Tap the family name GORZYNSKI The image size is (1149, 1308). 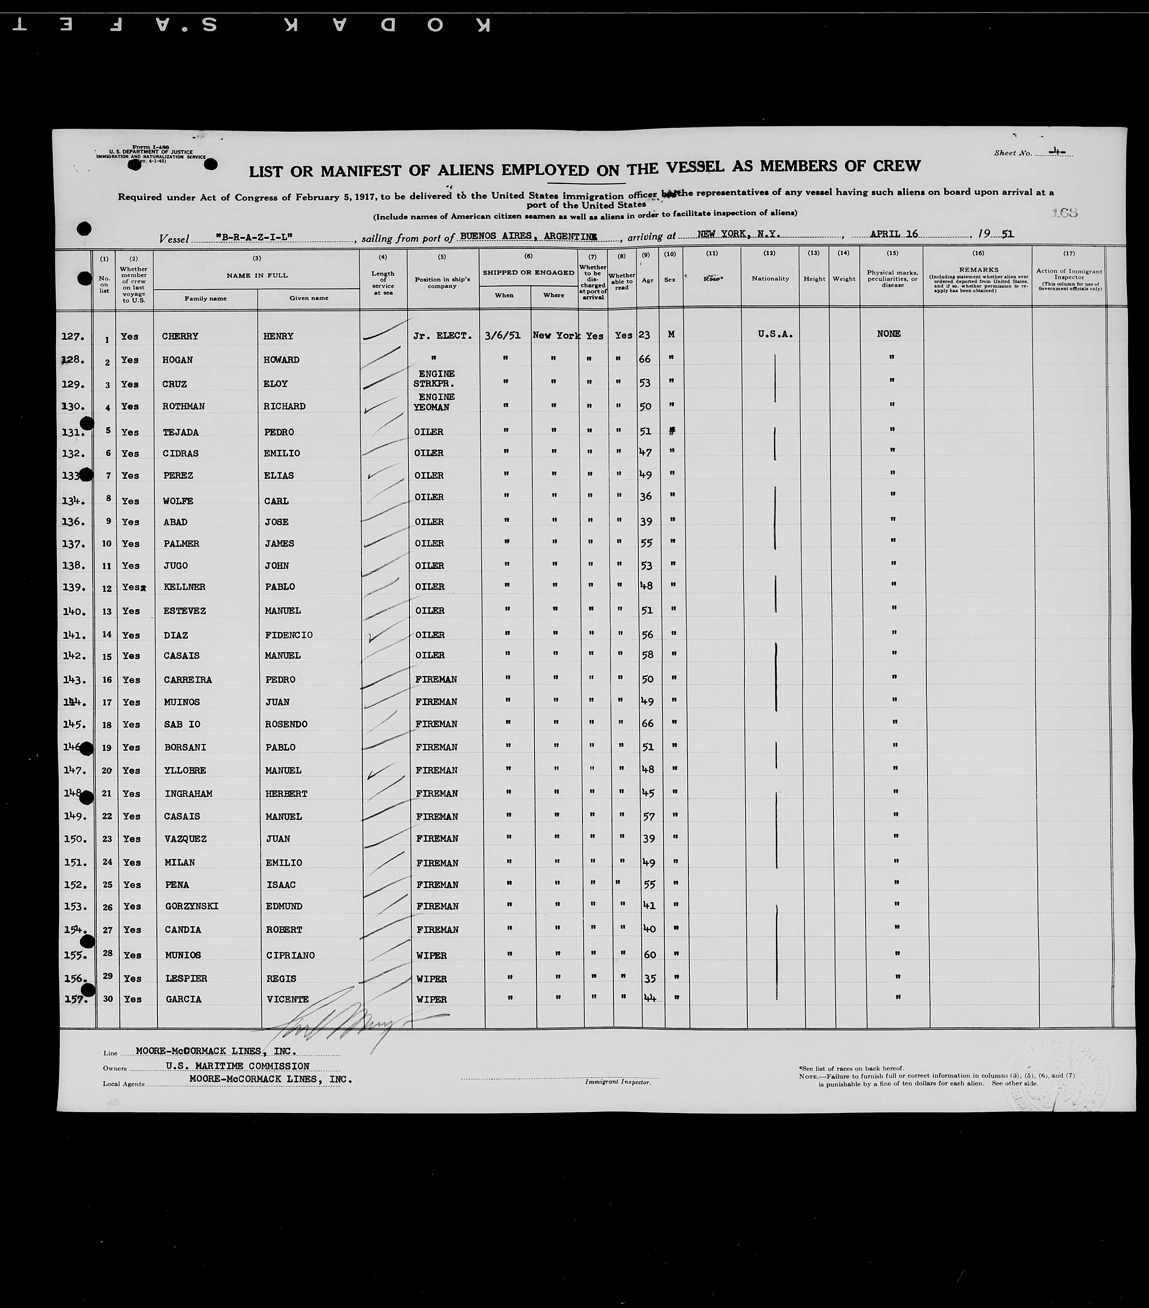pos(191,906)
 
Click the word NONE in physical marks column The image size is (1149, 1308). pos(889,333)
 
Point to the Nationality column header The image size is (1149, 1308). pos(770,278)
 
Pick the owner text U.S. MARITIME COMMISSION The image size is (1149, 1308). pos(238,1066)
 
